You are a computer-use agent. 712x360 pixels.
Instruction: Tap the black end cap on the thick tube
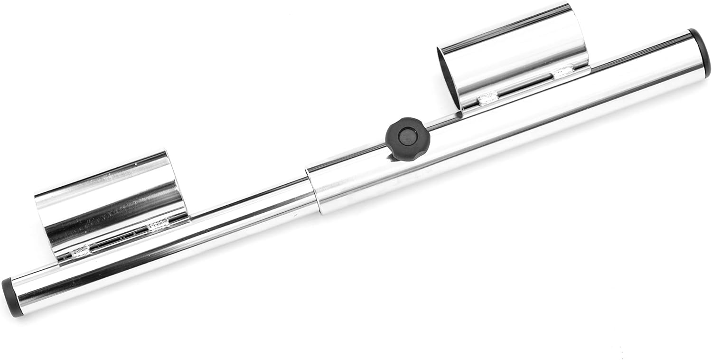click(x=701, y=53)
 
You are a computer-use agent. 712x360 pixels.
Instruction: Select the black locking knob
click(x=407, y=139)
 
